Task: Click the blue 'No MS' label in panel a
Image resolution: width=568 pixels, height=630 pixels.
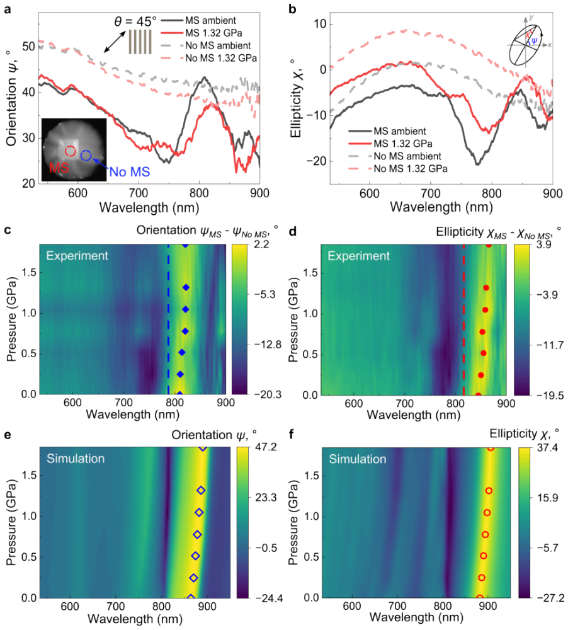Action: (x=130, y=172)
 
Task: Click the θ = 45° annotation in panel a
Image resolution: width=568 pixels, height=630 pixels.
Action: (x=135, y=21)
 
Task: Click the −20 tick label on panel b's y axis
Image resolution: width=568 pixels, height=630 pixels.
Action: (x=316, y=161)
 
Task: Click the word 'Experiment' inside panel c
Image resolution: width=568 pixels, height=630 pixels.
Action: (x=77, y=256)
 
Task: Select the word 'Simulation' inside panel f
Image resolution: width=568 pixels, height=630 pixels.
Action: (x=358, y=459)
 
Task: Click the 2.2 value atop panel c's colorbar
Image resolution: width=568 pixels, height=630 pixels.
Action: (x=262, y=244)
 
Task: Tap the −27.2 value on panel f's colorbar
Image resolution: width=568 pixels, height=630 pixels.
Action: (x=550, y=598)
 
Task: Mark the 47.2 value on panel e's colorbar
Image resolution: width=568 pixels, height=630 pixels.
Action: (x=266, y=447)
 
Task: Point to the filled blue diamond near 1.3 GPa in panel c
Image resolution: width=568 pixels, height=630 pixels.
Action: (x=186, y=287)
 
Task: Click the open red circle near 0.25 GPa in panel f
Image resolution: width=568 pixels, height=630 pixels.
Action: (x=482, y=578)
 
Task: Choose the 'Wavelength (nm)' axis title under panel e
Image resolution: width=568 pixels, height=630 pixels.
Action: (x=135, y=619)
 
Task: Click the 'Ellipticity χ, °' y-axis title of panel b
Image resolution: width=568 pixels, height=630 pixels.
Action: (x=297, y=98)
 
